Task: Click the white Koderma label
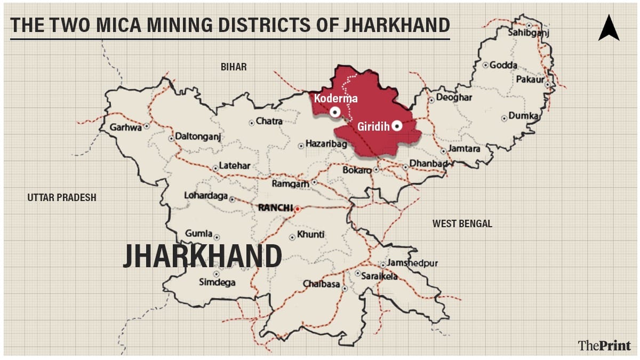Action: pos(335,99)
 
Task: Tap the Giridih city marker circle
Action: pos(397,126)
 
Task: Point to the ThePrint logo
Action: pos(604,345)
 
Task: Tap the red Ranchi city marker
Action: pos(298,209)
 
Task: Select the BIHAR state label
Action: pos(234,67)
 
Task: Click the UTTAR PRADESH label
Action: pos(62,198)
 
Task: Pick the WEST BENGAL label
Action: pos(462,224)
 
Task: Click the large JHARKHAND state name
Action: pos(202,257)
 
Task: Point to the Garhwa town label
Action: pos(126,127)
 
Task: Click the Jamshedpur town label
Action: pos(413,263)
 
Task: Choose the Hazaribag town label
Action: pos(326,145)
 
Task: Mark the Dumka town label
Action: pos(524,116)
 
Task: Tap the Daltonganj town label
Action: pos(198,138)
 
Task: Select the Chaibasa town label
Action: pos(321,284)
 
